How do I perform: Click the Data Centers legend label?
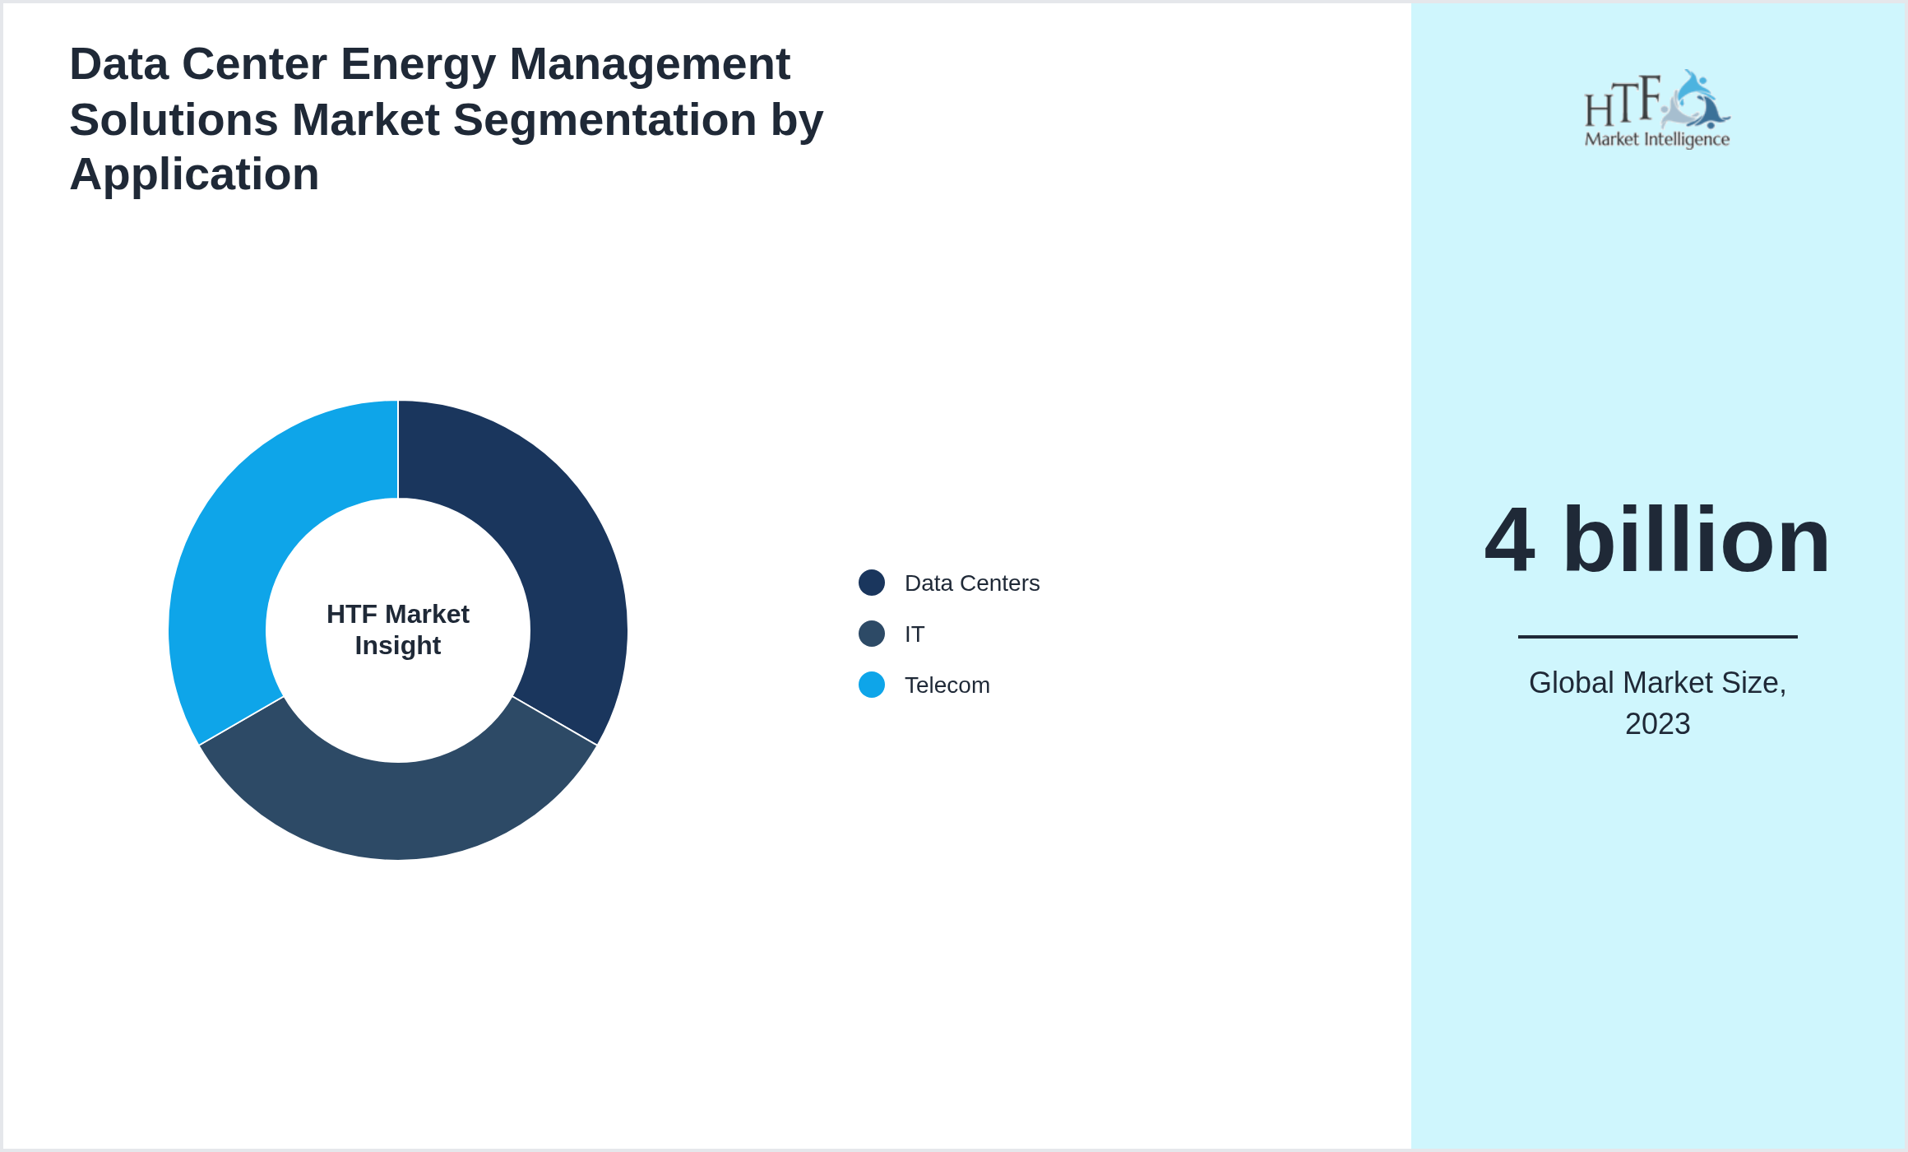pyautogui.click(x=971, y=583)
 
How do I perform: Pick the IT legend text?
pyautogui.click(x=915, y=634)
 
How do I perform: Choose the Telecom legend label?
pyautogui.click(x=947, y=685)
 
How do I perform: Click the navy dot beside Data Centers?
pyautogui.click(x=872, y=583)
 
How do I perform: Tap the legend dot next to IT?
pyautogui.click(x=872, y=634)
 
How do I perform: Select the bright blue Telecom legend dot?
pyautogui.click(x=872, y=685)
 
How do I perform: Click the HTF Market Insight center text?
pyautogui.click(x=398, y=629)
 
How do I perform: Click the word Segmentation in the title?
pyautogui.click(x=604, y=120)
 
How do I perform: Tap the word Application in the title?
pyautogui.click(x=194, y=174)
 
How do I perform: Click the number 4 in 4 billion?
pyautogui.click(x=1509, y=541)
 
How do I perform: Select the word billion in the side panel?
pyautogui.click(x=1696, y=541)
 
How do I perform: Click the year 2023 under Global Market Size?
pyautogui.click(x=1657, y=724)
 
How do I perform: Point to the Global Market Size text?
pyautogui.click(x=1657, y=683)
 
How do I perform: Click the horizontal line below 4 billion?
pyautogui.click(x=1657, y=636)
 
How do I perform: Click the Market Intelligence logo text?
pyautogui.click(x=1657, y=139)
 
